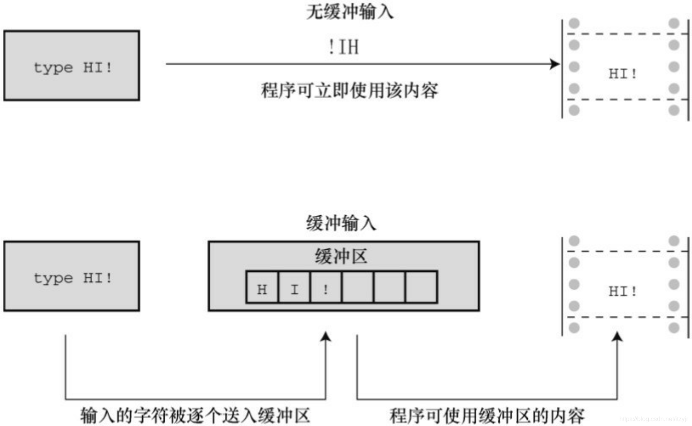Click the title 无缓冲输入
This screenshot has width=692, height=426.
349,12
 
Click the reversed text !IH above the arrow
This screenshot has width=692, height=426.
343,47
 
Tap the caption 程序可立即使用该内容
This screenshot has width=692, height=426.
349,91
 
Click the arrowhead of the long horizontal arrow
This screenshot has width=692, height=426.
555,64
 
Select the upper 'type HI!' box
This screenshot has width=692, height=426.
72,66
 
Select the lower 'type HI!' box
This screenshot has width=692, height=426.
72,276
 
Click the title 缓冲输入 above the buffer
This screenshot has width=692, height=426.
341,223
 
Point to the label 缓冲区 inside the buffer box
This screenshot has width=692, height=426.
341,256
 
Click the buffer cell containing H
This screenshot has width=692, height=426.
262,287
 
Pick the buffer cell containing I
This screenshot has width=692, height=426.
294,287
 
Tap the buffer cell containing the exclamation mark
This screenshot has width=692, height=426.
326,287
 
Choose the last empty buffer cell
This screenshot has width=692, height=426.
421,287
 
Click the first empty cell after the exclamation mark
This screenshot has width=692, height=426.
358,287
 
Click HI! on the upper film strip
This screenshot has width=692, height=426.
622,73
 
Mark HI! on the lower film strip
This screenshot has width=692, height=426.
622,291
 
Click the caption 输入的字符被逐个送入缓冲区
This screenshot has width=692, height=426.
196,416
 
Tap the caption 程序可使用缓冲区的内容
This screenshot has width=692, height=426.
487,416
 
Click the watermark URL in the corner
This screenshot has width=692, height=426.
653,419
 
